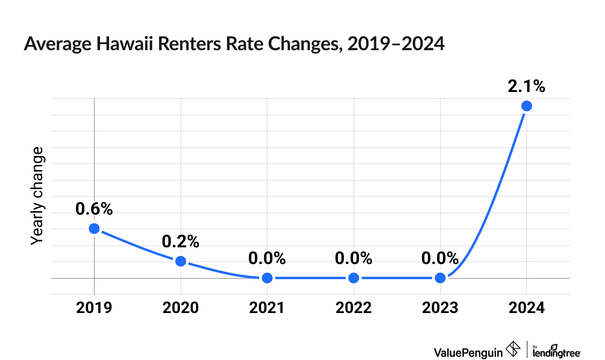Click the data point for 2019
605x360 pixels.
coord(94,229)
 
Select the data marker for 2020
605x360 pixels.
coord(181,261)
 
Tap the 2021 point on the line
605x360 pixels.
coord(267,278)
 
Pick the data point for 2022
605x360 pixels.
coord(354,278)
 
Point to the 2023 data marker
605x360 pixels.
coord(440,278)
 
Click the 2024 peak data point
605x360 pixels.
coord(527,106)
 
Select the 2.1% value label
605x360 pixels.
coord(526,86)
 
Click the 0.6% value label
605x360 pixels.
coord(94,209)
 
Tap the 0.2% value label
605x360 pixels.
coord(181,242)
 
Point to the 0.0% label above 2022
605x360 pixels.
coord(354,259)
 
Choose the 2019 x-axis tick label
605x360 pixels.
coord(94,308)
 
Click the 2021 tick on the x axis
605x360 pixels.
coord(267,308)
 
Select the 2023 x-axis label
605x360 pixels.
coord(440,308)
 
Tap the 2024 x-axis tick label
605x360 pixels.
coord(527,308)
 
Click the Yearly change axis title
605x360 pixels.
coord(37,196)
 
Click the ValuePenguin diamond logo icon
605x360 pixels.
coord(513,349)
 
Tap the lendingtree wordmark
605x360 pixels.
coord(556,352)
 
